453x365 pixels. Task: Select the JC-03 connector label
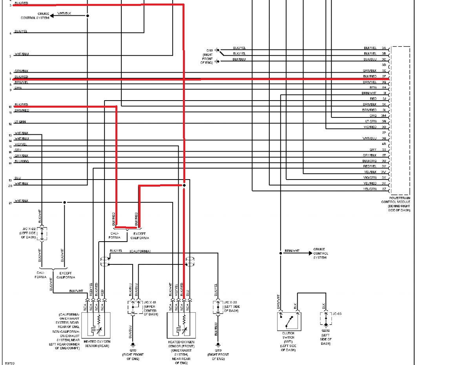pos(337,314)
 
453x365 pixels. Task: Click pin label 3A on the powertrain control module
pos(384,48)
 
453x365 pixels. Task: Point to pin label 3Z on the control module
pos(384,189)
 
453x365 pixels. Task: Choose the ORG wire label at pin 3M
pos(373,116)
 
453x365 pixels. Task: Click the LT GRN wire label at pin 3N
pos(370,121)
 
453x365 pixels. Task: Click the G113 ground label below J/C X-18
pos(133,350)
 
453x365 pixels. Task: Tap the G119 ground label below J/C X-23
pos(216,350)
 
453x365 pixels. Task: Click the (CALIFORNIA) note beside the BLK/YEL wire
pos(140,251)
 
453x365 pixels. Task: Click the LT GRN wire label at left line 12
pos(20,122)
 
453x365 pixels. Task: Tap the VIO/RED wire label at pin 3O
pos(370,127)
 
